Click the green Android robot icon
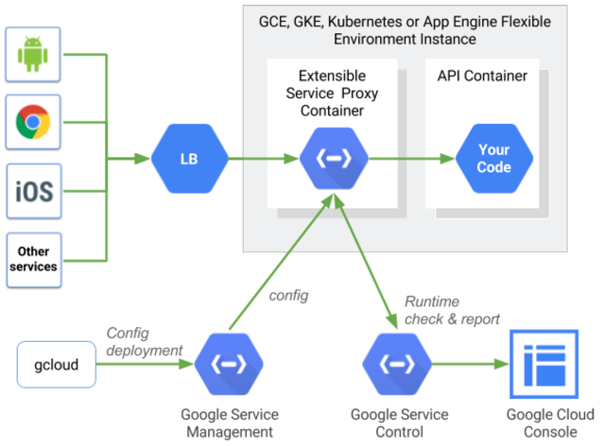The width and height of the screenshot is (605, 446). pos(33,56)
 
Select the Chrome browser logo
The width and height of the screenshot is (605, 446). pos(33,122)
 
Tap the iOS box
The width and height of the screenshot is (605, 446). pos(33,191)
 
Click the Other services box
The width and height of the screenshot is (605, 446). pos(33,259)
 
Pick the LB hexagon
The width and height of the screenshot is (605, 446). pos(189,157)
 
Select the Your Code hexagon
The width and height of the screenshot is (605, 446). pos(493,158)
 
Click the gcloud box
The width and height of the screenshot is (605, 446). pos(57,365)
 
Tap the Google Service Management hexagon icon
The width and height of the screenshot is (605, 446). pos(228,364)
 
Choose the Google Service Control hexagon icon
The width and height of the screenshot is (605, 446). pos(398,364)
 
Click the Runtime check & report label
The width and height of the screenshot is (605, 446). pos(452,310)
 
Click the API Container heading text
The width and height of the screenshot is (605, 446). pos(482,75)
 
